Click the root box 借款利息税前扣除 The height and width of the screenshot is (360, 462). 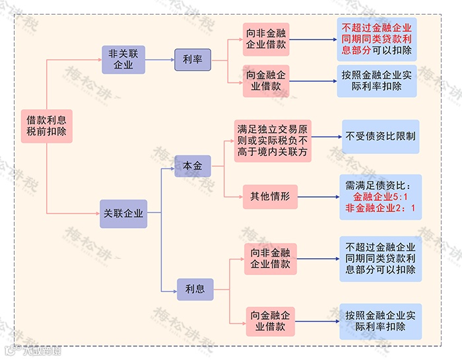[x=46, y=126]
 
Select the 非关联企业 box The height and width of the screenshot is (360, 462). [x=123, y=59]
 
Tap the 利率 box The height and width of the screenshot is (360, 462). [x=192, y=59]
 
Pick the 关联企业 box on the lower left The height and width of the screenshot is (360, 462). [x=123, y=213]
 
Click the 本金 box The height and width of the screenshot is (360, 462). [x=193, y=166]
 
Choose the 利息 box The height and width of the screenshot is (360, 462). [x=195, y=289]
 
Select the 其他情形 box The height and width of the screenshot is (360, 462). [x=270, y=196]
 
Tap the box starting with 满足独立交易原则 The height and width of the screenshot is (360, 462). [x=272, y=140]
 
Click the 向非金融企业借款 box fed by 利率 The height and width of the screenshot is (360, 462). [x=267, y=40]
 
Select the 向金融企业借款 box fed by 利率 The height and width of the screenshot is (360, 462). [x=267, y=81]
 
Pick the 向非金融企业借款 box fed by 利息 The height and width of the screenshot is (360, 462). [x=270, y=259]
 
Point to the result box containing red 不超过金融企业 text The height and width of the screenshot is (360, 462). [x=377, y=40]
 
